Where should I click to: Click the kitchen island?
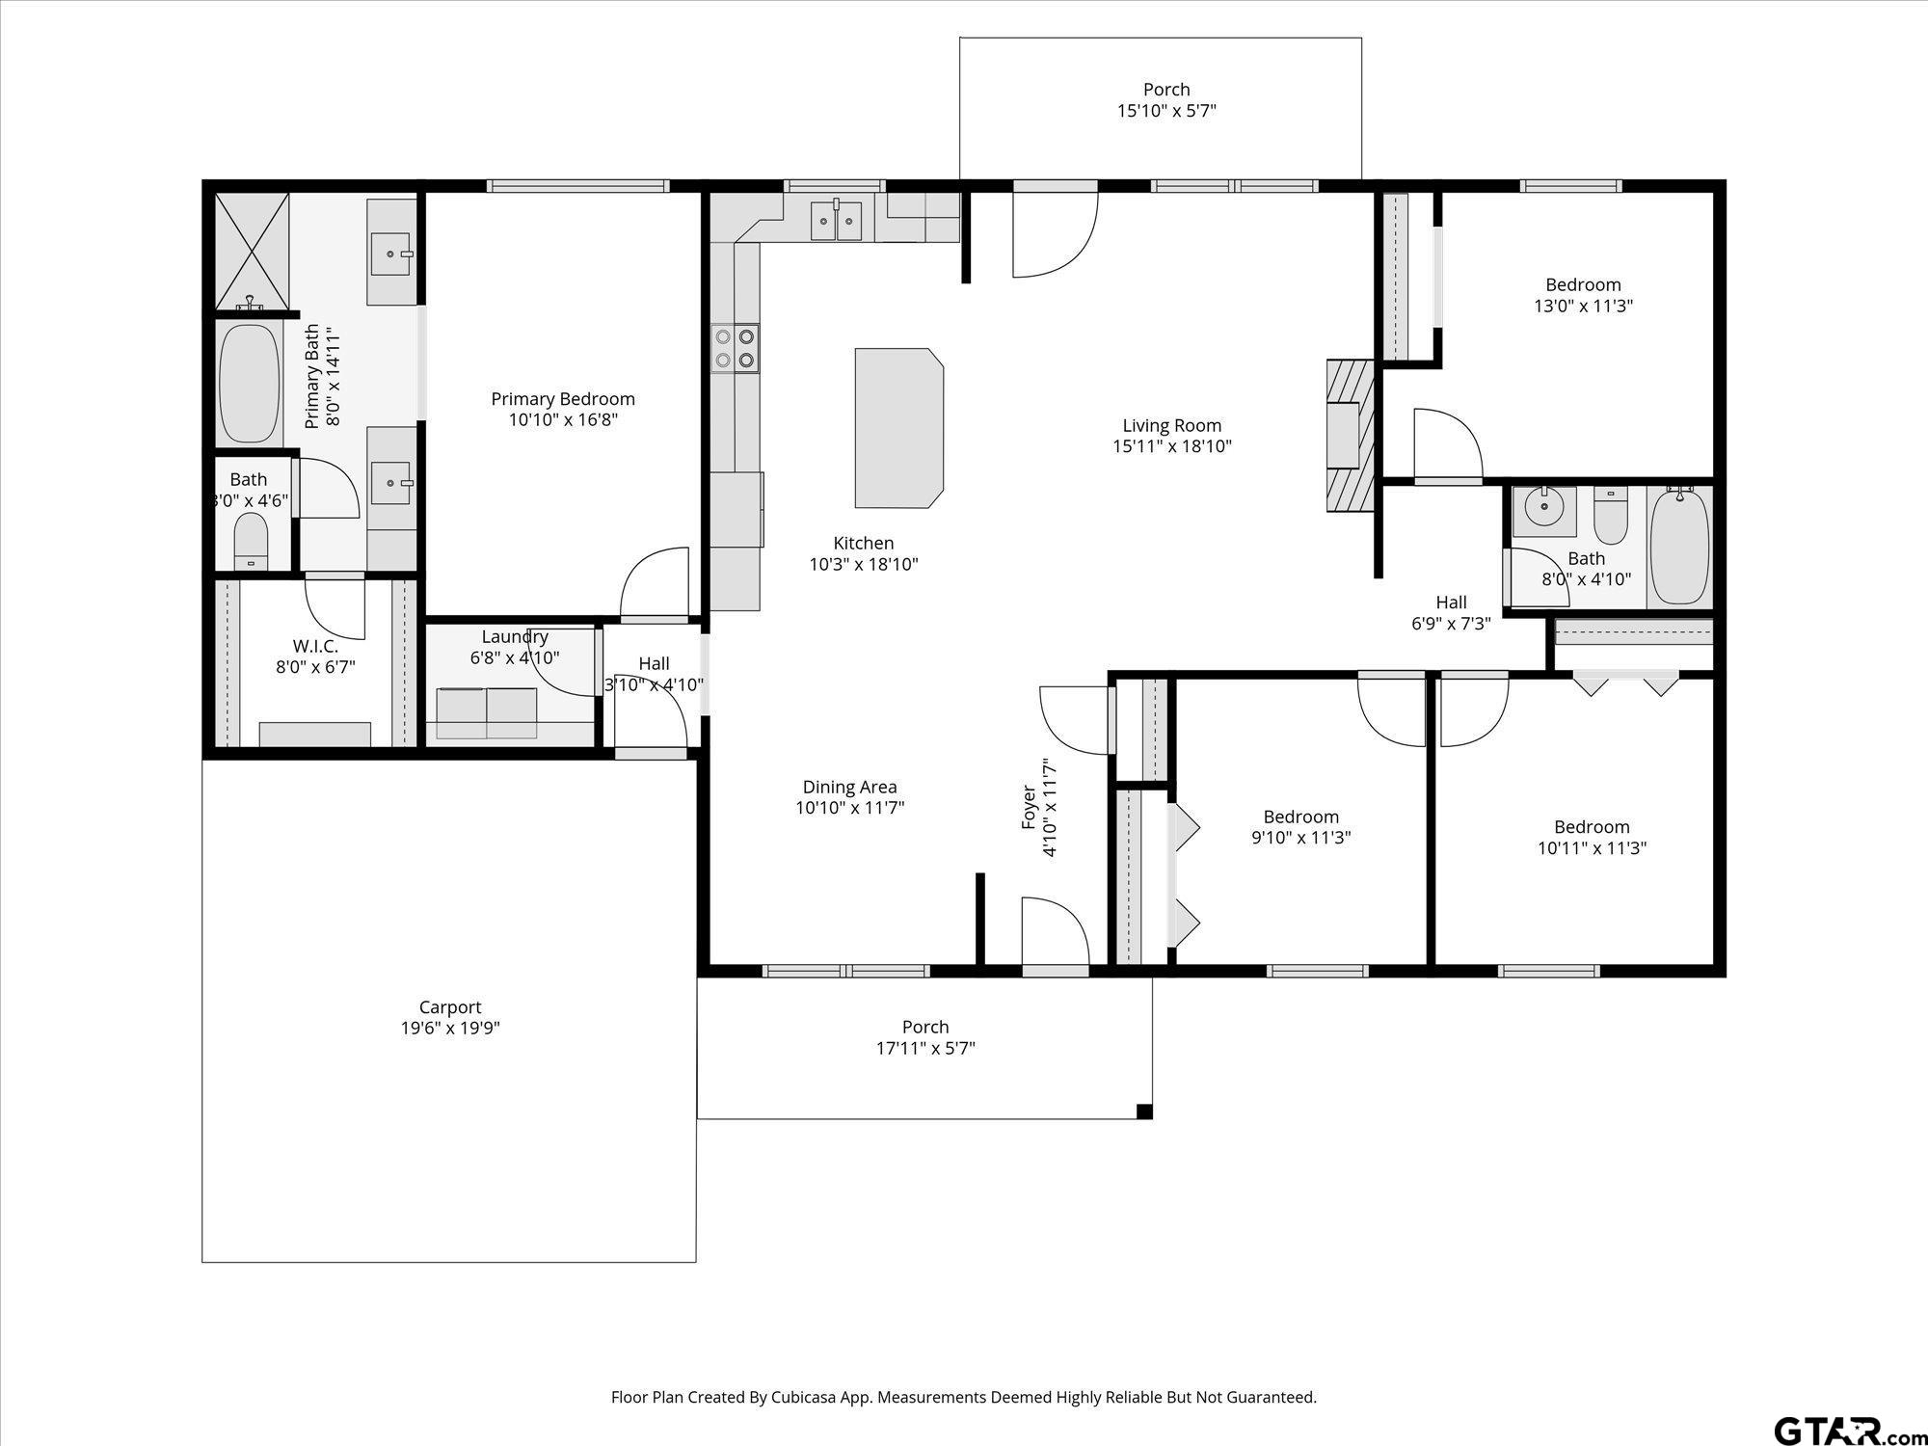pyautogui.click(x=898, y=428)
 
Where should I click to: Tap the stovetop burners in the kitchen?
pyautogui.click(x=736, y=348)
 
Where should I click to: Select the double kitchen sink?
pyautogui.click(x=836, y=220)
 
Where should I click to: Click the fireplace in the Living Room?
pyautogui.click(x=1350, y=436)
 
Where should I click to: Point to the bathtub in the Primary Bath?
pyautogui.click(x=249, y=384)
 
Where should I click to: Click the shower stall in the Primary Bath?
pyautogui.click(x=252, y=252)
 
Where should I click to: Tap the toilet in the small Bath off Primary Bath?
pyautogui.click(x=252, y=542)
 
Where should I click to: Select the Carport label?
pyautogui.click(x=450, y=1007)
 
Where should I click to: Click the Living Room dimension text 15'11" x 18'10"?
pyautogui.click(x=1171, y=446)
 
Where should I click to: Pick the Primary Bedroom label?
pyautogui.click(x=563, y=399)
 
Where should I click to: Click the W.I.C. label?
pyautogui.click(x=315, y=646)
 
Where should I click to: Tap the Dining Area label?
pyautogui.click(x=849, y=788)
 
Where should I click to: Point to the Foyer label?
pyautogui.click(x=1030, y=808)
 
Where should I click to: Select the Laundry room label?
pyautogui.click(x=515, y=637)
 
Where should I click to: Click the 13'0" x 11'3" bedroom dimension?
pyautogui.click(x=1583, y=306)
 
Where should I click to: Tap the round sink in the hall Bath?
pyautogui.click(x=1544, y=506)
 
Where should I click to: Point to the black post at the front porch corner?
pyautogui.click(x=1144, y=1111)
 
